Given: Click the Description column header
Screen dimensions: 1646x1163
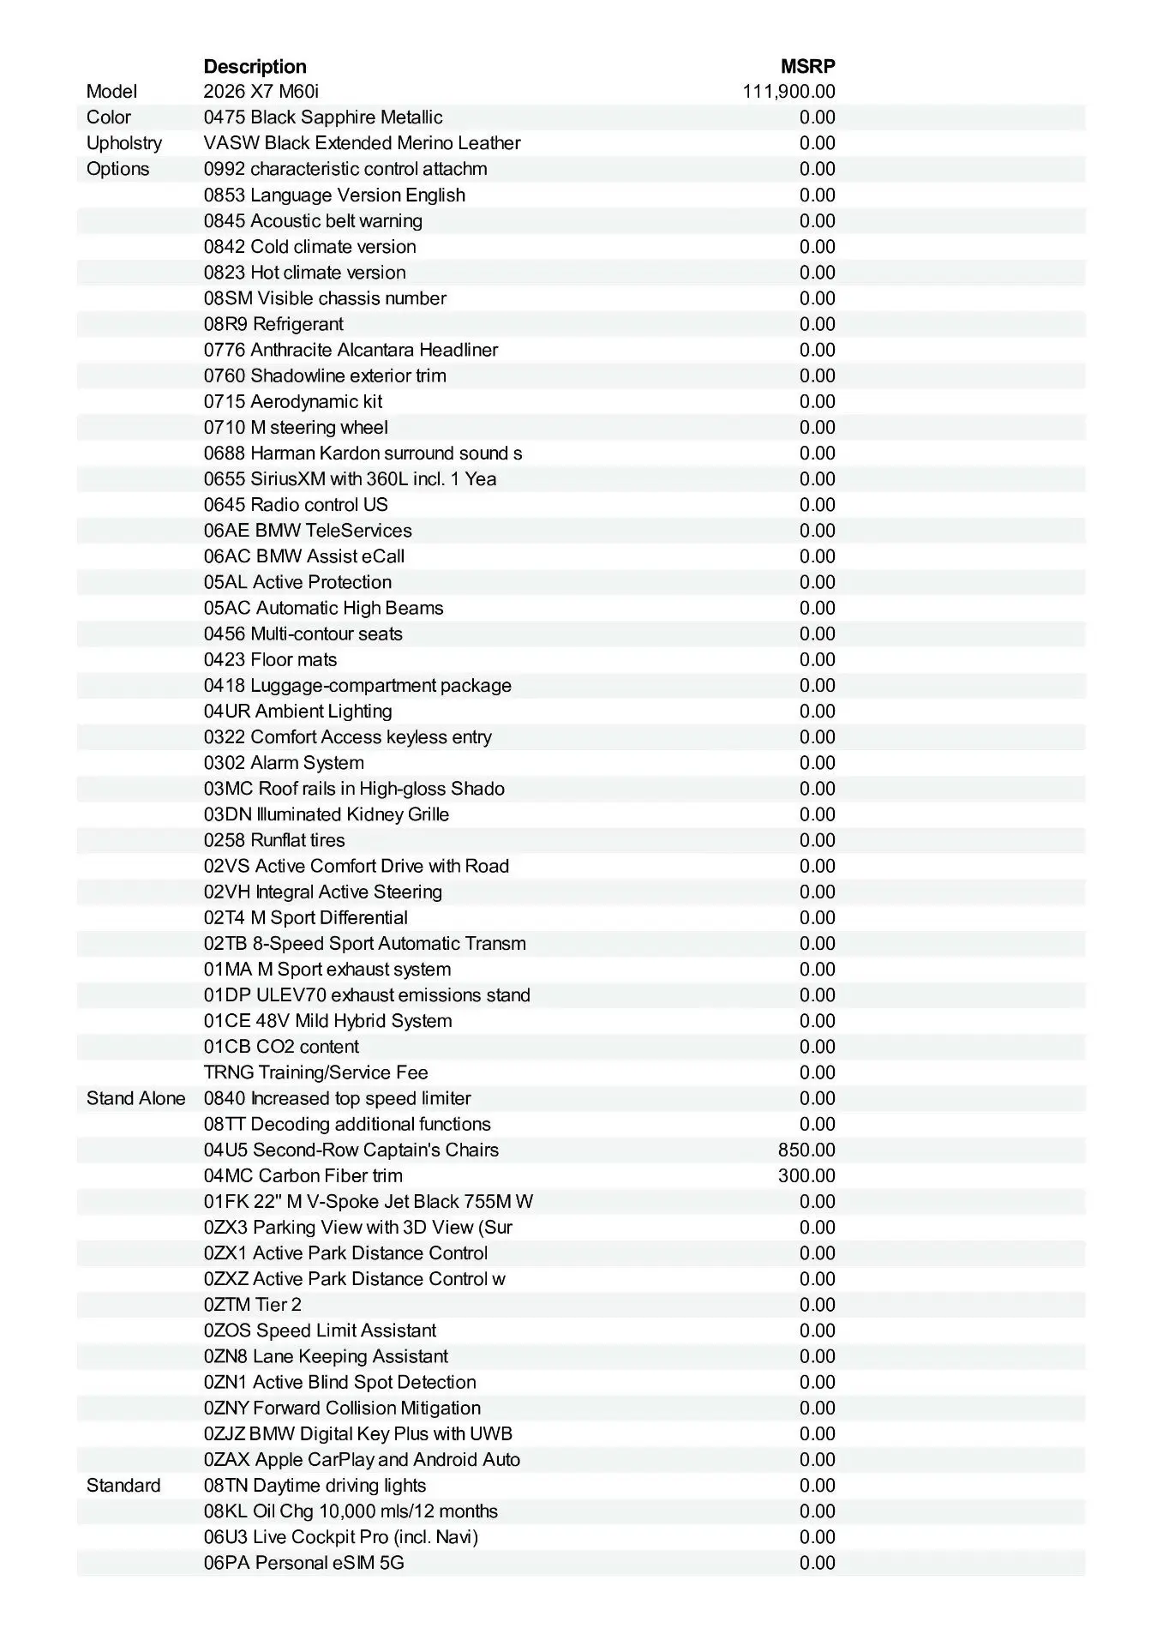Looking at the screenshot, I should tap(255, 67).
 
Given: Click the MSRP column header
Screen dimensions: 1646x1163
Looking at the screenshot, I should tap(807, 67).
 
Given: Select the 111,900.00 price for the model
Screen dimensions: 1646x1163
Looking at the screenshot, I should tap(788, 92).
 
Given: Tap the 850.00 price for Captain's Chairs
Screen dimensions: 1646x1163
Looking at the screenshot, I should tap(806, 1150).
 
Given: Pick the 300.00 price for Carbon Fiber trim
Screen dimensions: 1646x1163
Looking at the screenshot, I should tap(806, 1176).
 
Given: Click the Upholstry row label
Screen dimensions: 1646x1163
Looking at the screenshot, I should tap(124, 143).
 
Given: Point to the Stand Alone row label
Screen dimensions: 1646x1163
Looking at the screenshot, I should tap(135, 1099).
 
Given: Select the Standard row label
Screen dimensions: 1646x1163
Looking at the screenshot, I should tap(123, 1486).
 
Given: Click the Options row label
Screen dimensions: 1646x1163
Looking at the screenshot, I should tap(117, 169).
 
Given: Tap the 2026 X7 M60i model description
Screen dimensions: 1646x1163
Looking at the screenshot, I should tap(261, 92).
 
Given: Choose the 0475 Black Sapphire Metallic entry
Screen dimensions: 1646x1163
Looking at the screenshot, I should tap(323, 117).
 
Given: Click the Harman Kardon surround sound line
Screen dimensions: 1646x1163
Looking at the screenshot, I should tap(363, 454).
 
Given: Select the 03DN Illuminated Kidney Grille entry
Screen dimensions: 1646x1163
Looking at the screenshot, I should tap(327, 814).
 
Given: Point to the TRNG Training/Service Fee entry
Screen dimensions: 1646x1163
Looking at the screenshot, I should tap(315, 1072).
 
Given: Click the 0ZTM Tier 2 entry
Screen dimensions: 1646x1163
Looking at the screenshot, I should tap(253, 1305).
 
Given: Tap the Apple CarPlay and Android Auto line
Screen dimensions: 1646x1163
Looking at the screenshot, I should tap(362, 1460).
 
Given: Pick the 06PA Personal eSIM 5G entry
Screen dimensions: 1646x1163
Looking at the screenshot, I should tap(304, 1563).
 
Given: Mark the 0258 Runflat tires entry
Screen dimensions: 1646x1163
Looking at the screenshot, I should tap(274, 840).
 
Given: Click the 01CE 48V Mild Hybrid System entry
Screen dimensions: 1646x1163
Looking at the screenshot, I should tap(327, 1021).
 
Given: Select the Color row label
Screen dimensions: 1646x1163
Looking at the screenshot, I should tap(109, 117).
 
